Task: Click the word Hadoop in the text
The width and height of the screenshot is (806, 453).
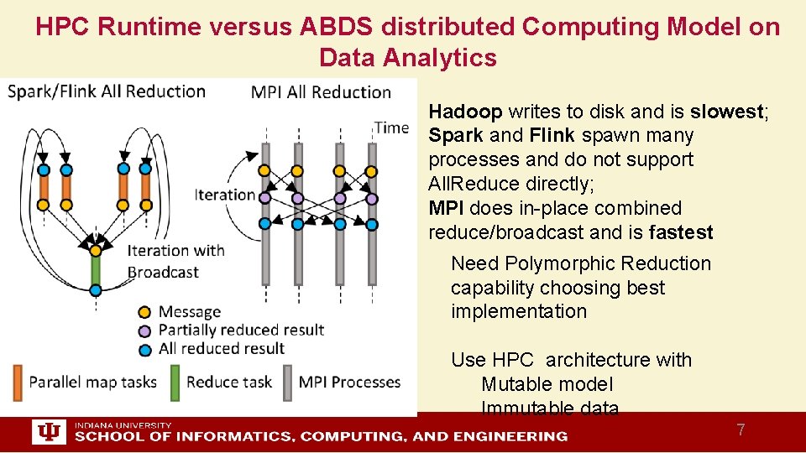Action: (x=465, y=112)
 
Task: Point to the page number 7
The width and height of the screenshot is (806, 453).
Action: (x=740, y=430)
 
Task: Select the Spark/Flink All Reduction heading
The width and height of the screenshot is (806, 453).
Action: (x=107, y=91)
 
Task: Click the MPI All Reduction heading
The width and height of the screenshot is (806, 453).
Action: (x=321, y=92)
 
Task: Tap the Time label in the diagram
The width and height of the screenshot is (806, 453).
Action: (x=391, y=128)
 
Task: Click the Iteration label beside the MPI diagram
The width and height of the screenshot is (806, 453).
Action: (x=224, y=195)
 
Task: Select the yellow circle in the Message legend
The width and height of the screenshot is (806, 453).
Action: (x=144, y=313)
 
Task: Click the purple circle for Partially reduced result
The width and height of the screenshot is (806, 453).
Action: (x=144, y=331)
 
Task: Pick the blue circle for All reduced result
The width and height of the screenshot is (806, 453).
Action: (x=144, y=349)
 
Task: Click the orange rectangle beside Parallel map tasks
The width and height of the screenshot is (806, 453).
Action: (x=18, y=382)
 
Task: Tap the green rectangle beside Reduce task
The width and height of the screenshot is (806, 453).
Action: (x=175, y=382)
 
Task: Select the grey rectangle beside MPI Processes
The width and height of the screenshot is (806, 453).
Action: (x=288, y=382)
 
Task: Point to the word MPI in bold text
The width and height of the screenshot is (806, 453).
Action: (x=446, y=208)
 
